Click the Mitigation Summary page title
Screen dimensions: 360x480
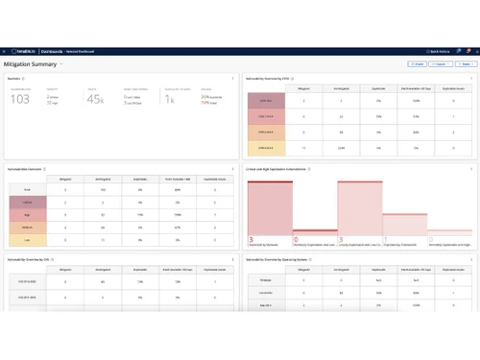(x=30, y=63)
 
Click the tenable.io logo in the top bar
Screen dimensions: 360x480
(x=25, y=51)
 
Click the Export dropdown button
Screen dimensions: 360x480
(x=466, y=63)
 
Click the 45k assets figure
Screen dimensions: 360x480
(x=95, y=99)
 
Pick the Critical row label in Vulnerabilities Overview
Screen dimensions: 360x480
(x=29, y=203)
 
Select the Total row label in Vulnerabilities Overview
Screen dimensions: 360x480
(x=29, y=190)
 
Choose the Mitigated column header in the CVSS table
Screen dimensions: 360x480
(x=303, y=85)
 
